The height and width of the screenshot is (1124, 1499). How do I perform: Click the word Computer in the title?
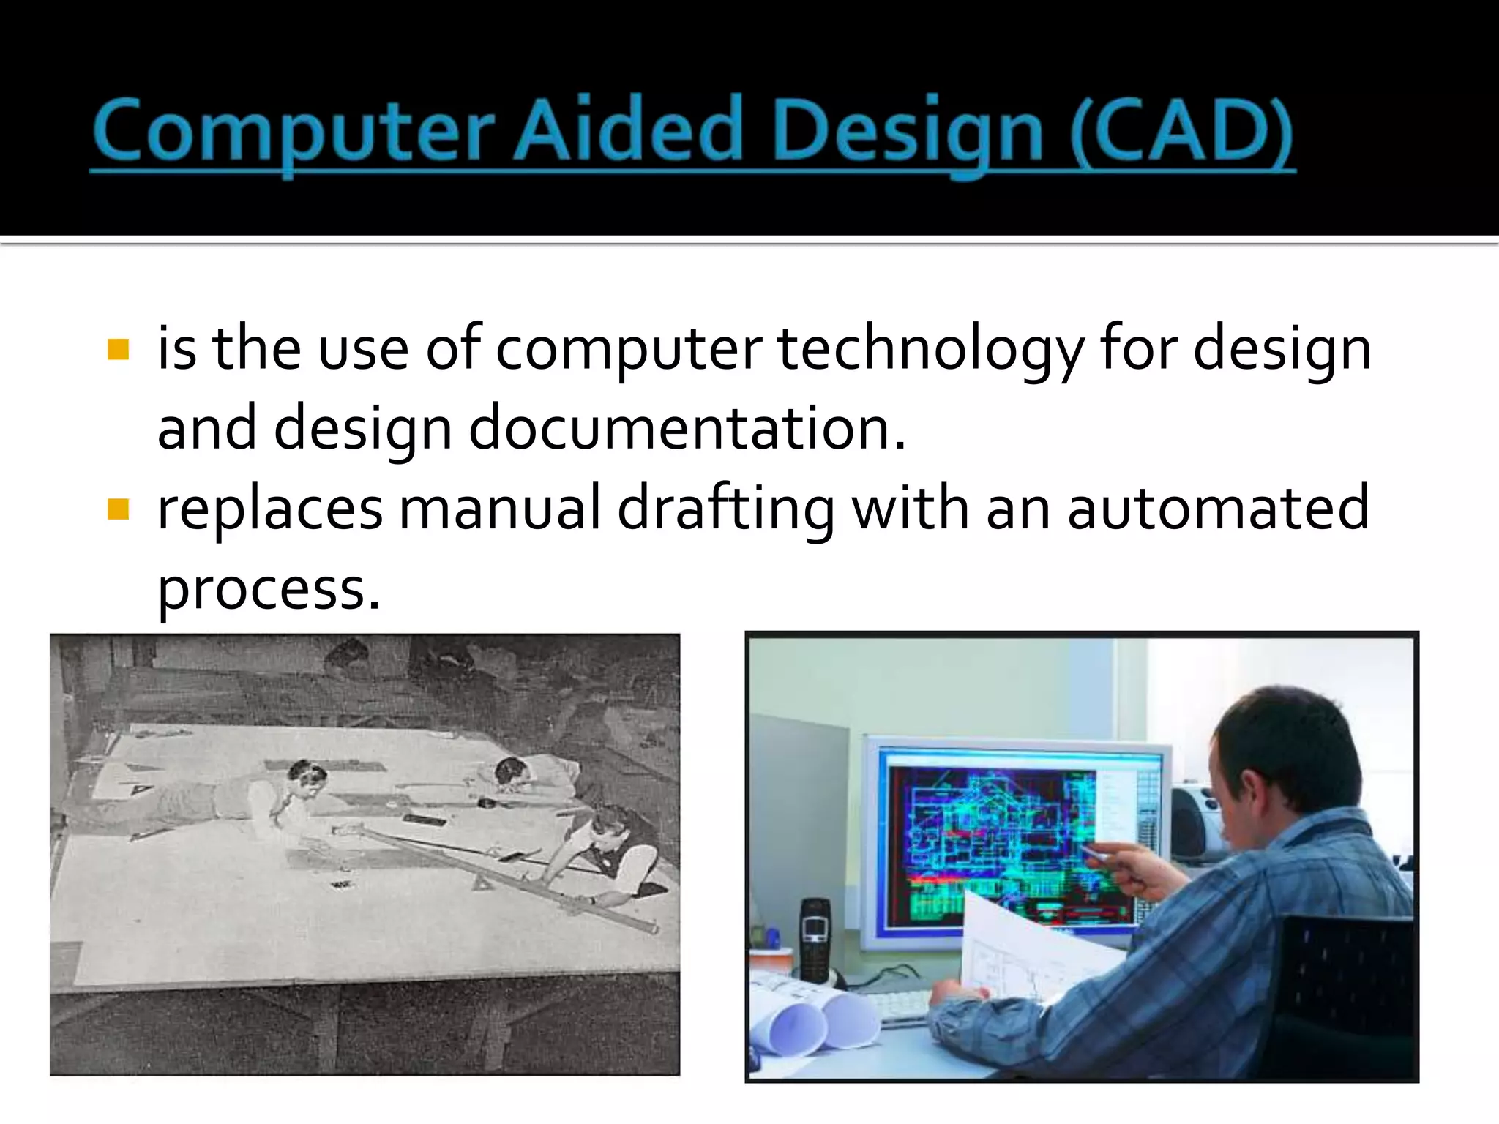click(293, 132)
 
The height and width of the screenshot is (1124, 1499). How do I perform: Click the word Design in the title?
click(908, 132)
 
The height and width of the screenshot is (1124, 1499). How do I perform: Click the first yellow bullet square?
click(118, 349)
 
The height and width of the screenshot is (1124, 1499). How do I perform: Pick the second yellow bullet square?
click(118, 509)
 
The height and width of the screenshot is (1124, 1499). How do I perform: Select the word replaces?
click(269, 509)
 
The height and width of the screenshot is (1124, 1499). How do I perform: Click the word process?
click(268, 590)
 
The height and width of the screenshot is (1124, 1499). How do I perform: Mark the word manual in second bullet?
click(499, 509)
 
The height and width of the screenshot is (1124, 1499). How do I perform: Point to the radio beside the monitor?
click(1193, 820)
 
